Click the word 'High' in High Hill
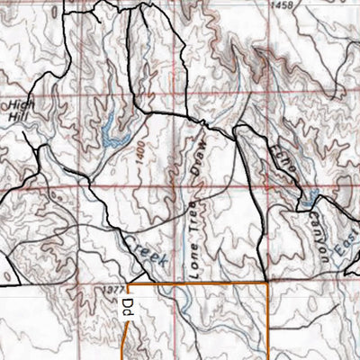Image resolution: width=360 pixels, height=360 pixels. pos(18,104)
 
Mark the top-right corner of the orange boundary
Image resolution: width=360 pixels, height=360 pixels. pos(268,283)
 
